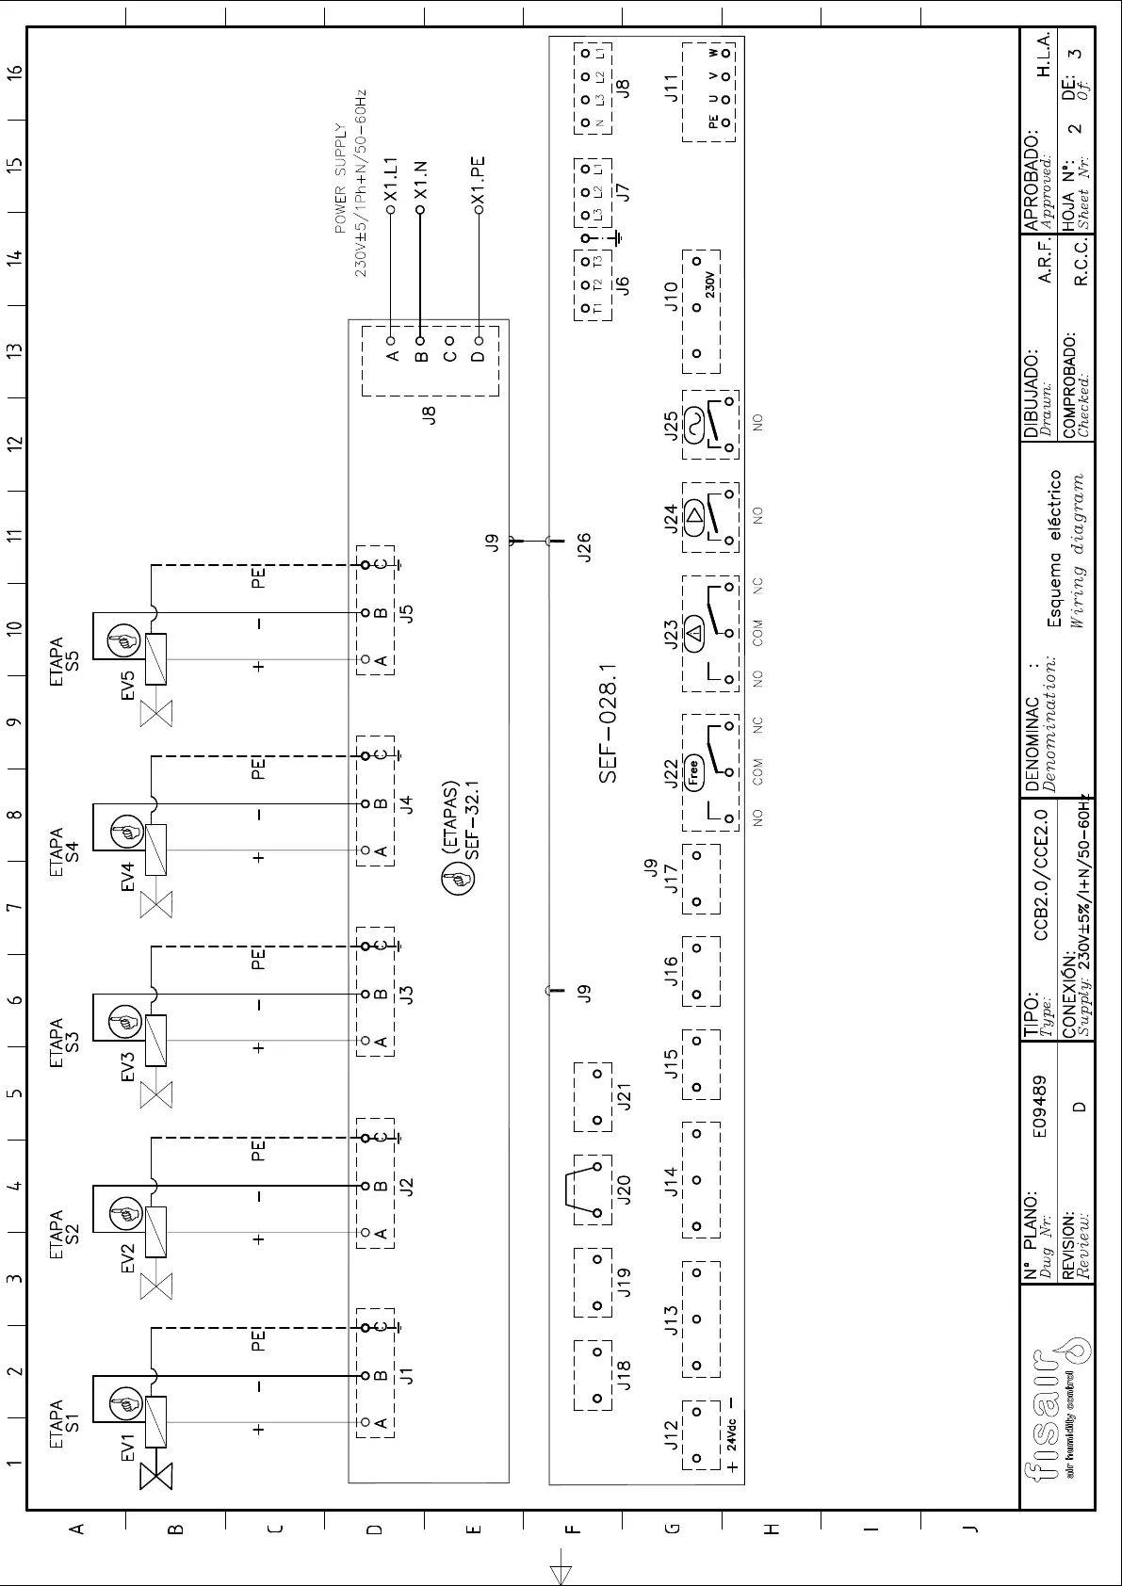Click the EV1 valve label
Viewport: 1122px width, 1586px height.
click(129, 1448)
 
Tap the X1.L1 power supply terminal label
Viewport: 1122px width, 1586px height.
click(392, 179)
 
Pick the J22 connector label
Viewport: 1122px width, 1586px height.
click(671, 773)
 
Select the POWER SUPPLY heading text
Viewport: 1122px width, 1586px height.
click(340, 178)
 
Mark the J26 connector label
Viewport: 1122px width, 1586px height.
click(584, 547)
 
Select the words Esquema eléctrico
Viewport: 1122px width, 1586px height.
click(1055, 548)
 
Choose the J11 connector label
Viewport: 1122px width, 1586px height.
click(671, 87)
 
